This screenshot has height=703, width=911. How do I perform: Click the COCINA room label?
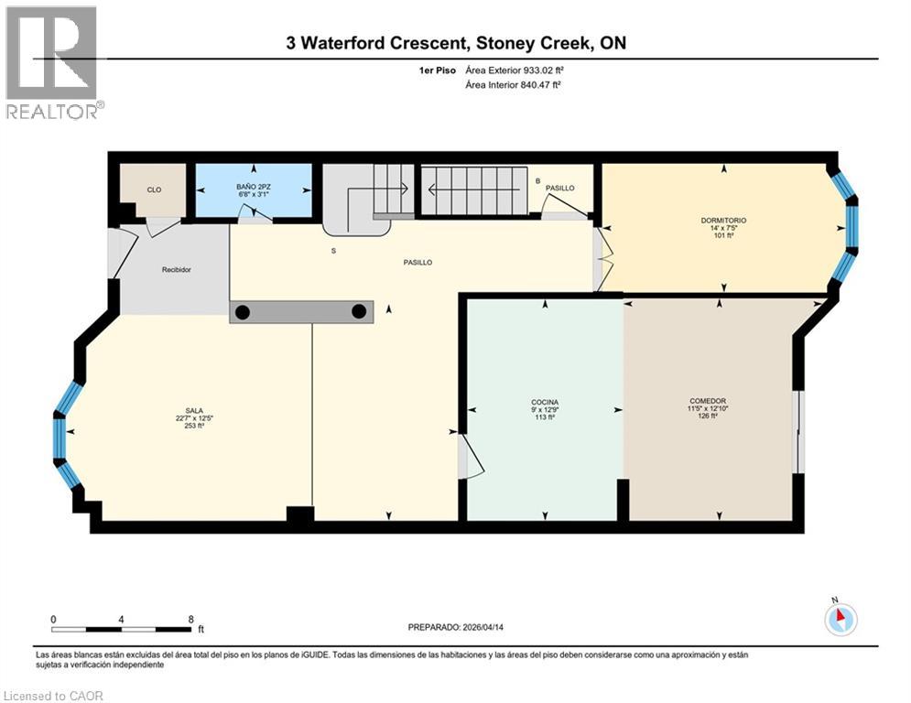click(544, 402)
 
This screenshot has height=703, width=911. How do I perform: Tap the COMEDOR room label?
click(708, 402)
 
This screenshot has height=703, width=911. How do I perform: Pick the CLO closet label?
click(154, 190)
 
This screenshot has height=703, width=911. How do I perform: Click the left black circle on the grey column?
click(242, 312)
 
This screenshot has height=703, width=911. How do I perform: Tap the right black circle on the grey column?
click(359, 312)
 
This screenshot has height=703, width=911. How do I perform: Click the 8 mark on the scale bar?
click(190, 620)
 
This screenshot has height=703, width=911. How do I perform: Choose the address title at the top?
click(455, 43)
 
